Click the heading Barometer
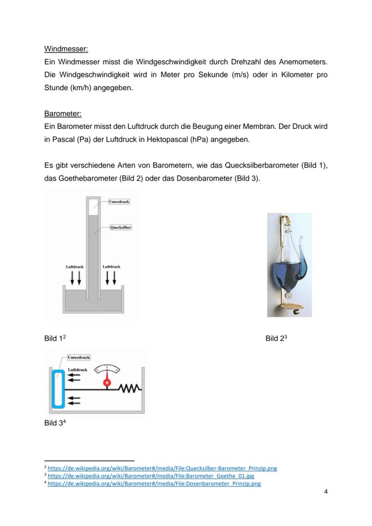63,114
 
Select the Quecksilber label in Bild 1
121,228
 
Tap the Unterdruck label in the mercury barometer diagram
119,202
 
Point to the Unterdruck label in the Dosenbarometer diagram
79,358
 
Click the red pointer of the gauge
107,382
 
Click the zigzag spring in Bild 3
130,388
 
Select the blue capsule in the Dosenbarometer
58,389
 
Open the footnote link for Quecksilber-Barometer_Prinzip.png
162,468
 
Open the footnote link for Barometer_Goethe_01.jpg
151,476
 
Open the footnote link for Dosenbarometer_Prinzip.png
154,484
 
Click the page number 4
326,491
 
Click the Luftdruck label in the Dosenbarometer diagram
77,370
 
